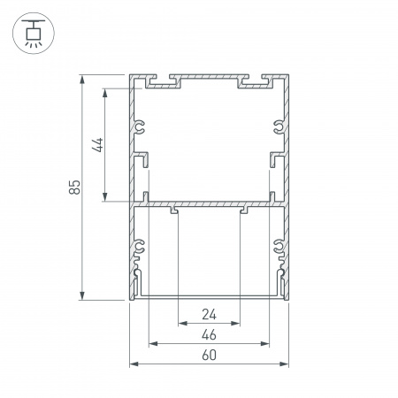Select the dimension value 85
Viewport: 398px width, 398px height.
click(x=75, y=188)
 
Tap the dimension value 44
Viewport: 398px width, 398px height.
click(x=98, y=144)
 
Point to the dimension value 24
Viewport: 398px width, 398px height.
click(x=209, y=314)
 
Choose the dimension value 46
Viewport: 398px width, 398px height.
click(x=209, y=334)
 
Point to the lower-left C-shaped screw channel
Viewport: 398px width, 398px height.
click(x=138, y=250)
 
